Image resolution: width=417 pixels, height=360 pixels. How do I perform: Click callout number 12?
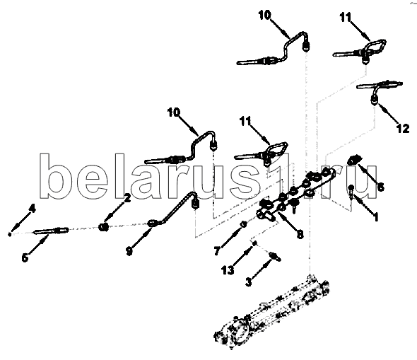point(403,129)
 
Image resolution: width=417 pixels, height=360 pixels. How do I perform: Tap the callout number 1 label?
point(375,217)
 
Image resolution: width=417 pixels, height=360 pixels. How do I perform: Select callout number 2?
point(127,198)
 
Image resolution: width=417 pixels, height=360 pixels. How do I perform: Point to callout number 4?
point(33,209)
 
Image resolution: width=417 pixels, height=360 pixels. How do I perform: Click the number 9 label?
point(129,251)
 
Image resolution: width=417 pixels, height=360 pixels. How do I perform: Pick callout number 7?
point(217,251)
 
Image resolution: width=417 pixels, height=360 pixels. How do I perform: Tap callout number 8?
point(300,234)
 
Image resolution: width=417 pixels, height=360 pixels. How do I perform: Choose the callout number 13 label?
point(228,271)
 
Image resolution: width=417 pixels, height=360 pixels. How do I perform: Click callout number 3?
point(248,281)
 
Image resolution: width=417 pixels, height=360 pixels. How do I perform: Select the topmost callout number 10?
point(264,15)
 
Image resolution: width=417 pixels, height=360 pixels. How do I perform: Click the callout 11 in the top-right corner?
point(346,17)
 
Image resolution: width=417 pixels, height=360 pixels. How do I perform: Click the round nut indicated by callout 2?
point(103,227)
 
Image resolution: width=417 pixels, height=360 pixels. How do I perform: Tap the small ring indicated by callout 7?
point(243,224)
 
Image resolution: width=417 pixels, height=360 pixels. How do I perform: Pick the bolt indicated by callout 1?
point(351,192)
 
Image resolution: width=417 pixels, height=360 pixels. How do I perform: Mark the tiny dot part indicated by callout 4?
point(10,234)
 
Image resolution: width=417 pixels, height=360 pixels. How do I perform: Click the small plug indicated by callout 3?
point(275,257)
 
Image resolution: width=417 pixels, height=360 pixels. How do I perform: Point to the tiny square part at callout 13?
point(254,243)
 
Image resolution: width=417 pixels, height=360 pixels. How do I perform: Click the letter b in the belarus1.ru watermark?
point(52,176)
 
